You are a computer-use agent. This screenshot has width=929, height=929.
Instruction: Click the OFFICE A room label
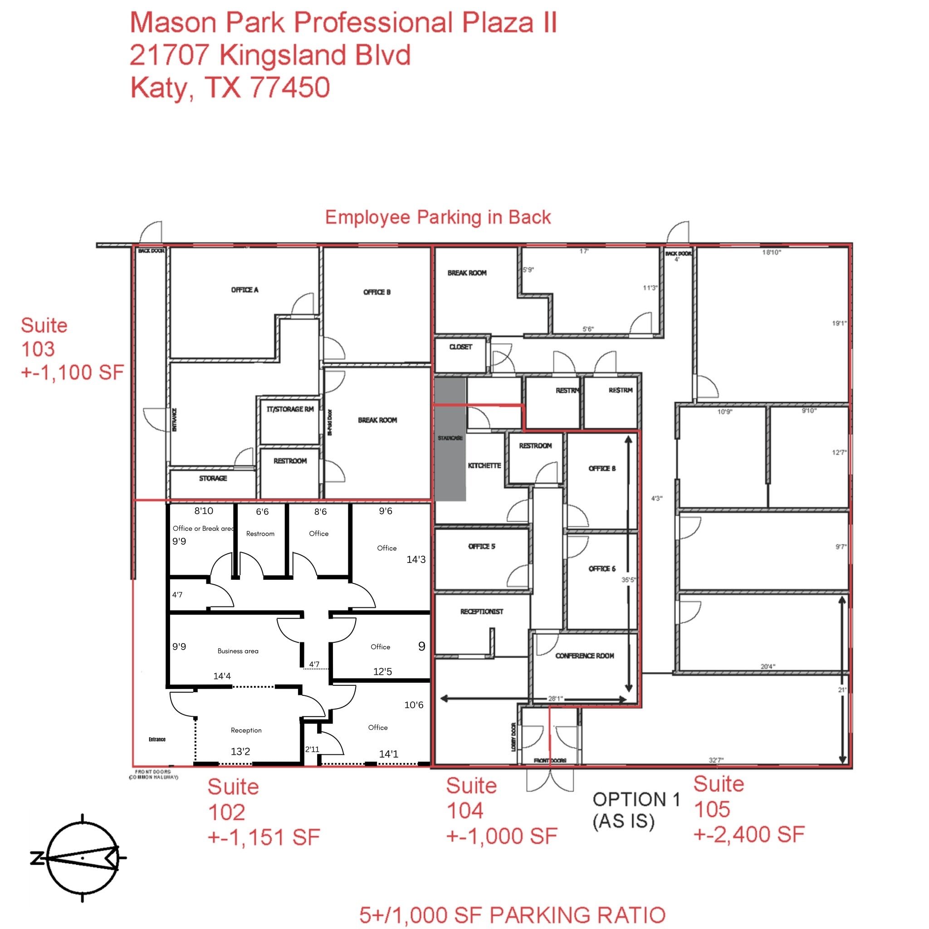coord(244,290)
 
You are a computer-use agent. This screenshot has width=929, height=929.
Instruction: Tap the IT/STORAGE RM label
coord(290,409)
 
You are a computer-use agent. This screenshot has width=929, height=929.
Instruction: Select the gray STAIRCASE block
coord(450,439)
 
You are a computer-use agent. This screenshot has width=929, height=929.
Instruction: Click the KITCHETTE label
coord(484,465)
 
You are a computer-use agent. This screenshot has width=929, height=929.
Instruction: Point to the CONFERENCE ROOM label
coord(584,656)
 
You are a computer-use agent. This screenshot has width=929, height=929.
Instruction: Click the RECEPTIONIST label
coord(481,611)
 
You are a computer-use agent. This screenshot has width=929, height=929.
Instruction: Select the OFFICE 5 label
coord(481,546)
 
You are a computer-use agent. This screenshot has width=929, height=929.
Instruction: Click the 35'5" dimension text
coord(628,580)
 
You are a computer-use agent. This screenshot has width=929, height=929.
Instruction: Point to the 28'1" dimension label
coord(555,699)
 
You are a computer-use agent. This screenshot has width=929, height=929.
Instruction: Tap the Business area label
coord(238,651)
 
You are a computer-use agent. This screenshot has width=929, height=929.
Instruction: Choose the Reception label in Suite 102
coord(246,730)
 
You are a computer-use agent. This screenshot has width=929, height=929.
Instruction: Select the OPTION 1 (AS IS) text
coord(636,810)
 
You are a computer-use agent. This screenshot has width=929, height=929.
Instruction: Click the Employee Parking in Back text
coord(438,217)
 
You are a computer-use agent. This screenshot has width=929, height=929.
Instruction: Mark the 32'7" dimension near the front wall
coord(715,760)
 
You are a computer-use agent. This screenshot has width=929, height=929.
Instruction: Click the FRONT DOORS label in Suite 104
coord(550,761)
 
